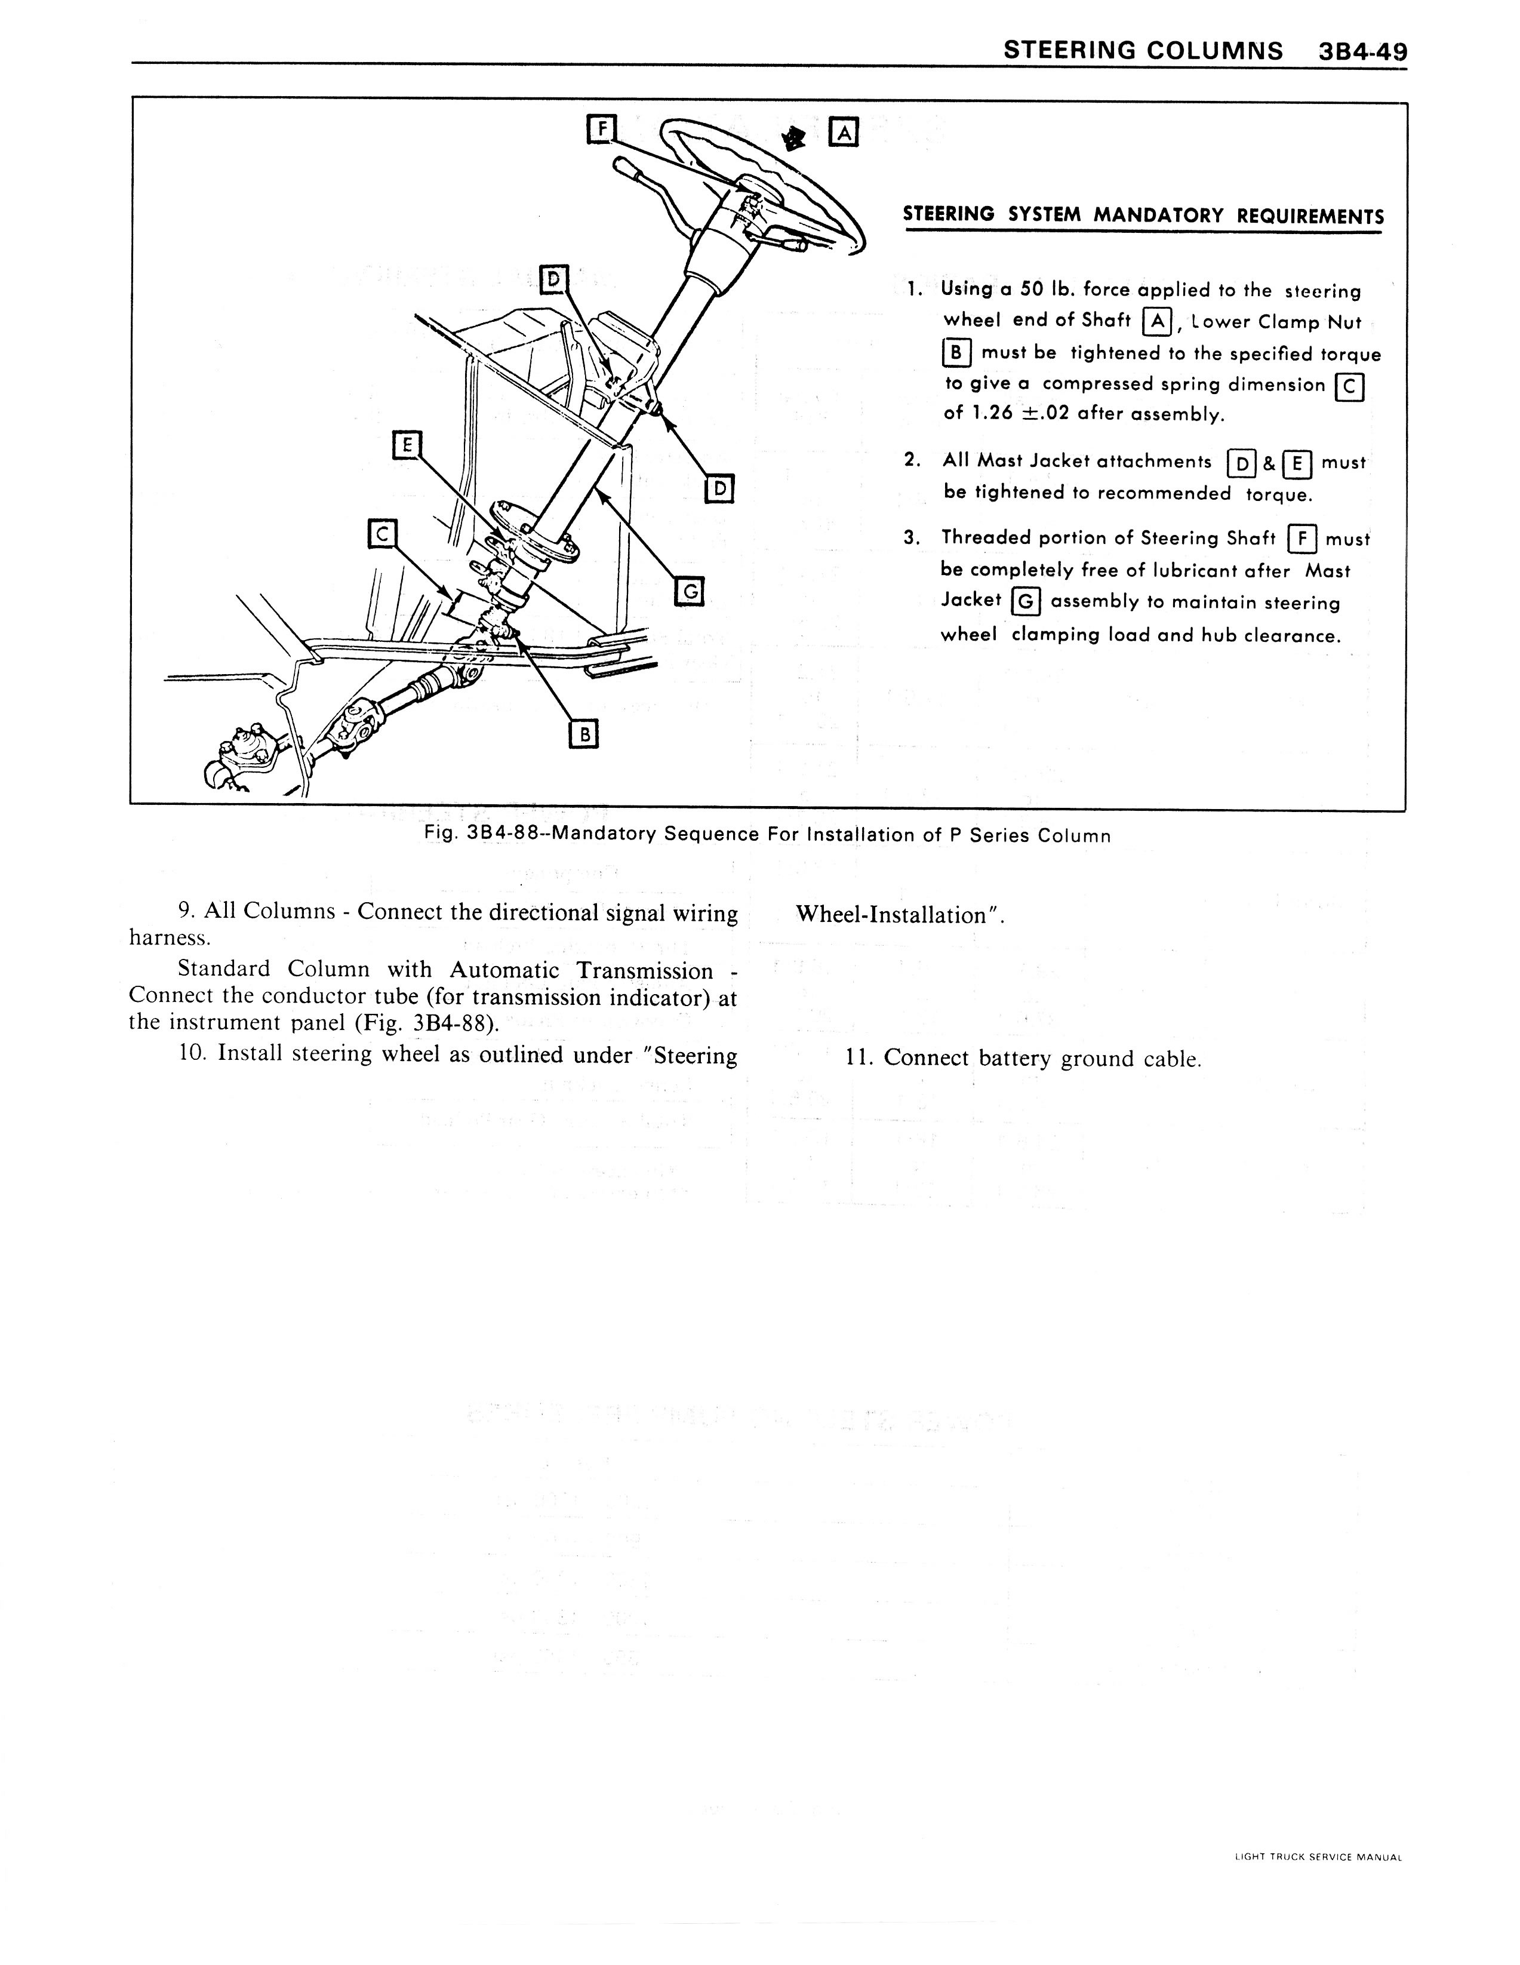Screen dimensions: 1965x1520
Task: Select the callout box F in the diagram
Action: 599,130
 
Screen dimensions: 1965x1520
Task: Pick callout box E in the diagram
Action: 407,444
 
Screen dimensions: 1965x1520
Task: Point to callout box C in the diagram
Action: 381,534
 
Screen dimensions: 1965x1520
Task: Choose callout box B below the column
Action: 584,734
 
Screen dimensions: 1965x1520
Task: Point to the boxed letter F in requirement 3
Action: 1302,540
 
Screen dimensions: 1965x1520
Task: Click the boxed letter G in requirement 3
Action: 1025,600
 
